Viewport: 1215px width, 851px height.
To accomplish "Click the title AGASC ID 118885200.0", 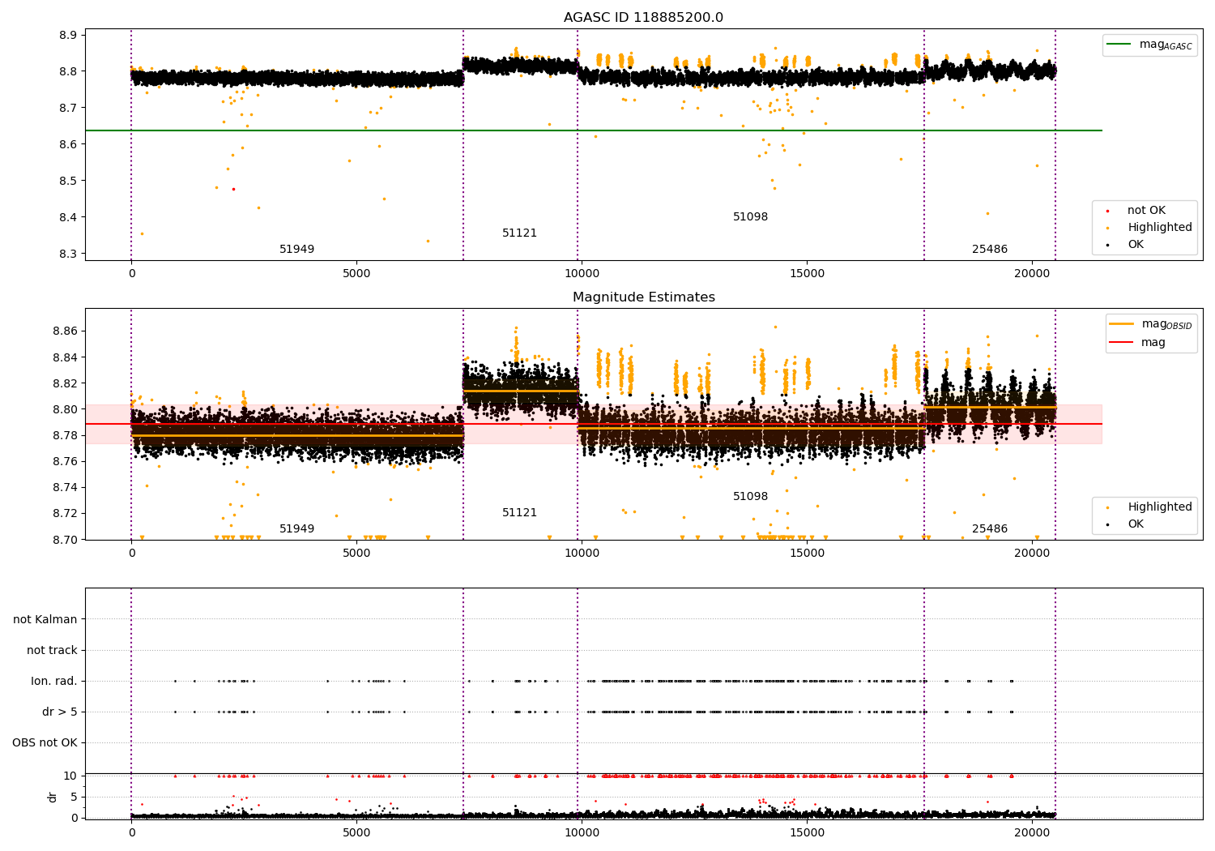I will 643,18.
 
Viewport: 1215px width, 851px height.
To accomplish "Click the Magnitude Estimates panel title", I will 643,297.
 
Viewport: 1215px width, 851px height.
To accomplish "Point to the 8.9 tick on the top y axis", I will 68,35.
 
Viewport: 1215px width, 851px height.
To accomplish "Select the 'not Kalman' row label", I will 45,619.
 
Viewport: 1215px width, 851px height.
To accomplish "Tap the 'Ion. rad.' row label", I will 54,681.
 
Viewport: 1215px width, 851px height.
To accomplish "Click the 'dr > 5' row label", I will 60,712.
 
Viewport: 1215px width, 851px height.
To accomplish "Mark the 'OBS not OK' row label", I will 45,742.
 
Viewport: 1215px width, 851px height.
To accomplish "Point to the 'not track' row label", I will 52,650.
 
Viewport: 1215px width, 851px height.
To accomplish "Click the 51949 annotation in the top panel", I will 296,250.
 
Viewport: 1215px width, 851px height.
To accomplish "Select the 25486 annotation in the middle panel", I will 989,529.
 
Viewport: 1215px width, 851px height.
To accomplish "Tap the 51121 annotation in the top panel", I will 519,233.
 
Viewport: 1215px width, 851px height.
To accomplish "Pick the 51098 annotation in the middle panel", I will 750,497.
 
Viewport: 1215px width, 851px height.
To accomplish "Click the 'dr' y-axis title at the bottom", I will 53,797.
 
